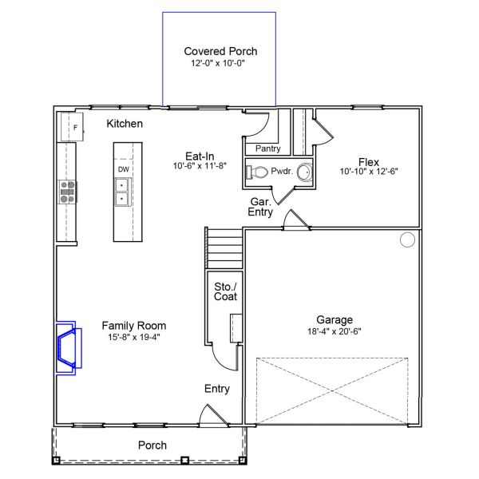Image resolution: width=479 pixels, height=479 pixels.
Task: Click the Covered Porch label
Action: (x=220, y=51)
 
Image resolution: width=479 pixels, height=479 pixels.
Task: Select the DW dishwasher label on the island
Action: (x=124, y=170)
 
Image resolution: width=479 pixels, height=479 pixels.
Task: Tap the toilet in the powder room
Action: (x=259, y=172)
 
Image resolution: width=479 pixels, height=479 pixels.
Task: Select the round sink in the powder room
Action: (x=304, y=172)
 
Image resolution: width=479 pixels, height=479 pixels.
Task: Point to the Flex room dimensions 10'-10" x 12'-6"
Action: (x=368, y=172)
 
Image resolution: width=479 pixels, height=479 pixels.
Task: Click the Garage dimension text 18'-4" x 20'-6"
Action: (x=335, y=331)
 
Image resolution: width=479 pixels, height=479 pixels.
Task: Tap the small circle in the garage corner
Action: (x=407, y=239)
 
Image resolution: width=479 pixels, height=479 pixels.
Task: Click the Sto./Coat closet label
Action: (x=225, y=291)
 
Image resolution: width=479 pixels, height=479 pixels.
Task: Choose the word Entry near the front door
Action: (x=216, y=389)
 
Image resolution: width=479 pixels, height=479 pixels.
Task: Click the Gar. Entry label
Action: (x=260, y=208)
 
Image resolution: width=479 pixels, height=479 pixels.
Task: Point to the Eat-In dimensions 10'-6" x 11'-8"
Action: (x=200, y=167)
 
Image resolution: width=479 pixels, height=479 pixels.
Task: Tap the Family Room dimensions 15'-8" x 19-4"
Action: (x=133, y=337)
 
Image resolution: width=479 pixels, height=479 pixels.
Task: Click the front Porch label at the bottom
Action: (x=152, y=445)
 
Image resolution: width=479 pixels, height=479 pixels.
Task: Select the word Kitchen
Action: (x=125, y=124)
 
